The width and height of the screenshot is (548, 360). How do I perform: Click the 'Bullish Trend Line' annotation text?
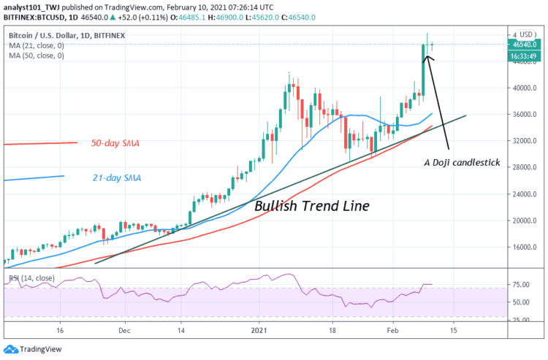[311, 206]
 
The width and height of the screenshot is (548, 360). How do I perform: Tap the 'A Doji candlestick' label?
[462, 163]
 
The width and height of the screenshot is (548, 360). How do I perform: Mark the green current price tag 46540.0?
[524, 45]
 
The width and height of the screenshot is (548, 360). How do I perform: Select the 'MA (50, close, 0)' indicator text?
[37, 55]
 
